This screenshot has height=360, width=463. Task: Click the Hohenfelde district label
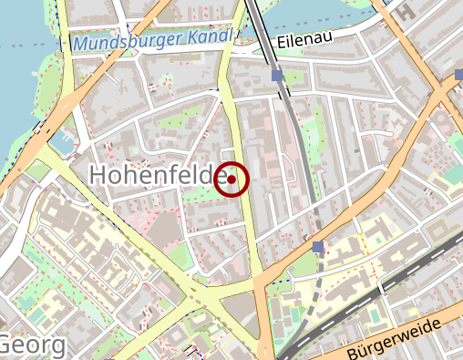[x=157, y=174]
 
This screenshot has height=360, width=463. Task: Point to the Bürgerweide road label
[x=400, y=339]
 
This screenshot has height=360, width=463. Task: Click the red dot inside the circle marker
[x=232, y=180]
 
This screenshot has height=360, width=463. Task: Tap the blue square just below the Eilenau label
[x=277, y=76]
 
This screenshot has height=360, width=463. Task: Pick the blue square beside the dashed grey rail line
[x=317, y=247]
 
